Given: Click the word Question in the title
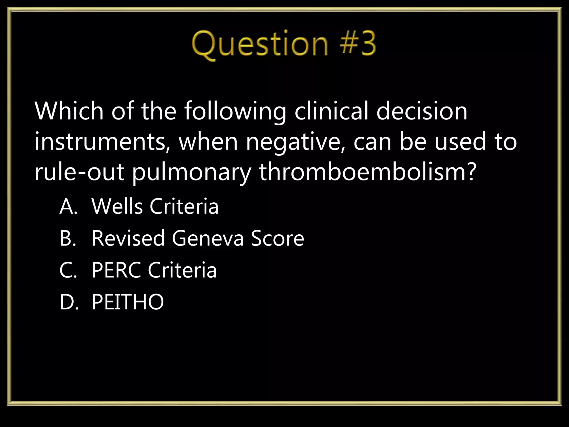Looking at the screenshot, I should (x=260, y=44).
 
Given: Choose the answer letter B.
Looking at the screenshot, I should (x=68, y=238).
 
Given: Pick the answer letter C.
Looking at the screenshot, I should (x=68, y=270).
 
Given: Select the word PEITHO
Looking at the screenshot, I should (x=128, y=302).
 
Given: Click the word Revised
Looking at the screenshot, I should (x=128, y=238).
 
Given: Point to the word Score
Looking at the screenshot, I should (x=278, y=238).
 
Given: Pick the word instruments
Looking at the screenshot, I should (x=103, y=142).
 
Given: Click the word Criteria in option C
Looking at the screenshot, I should (x=182, y=270).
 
